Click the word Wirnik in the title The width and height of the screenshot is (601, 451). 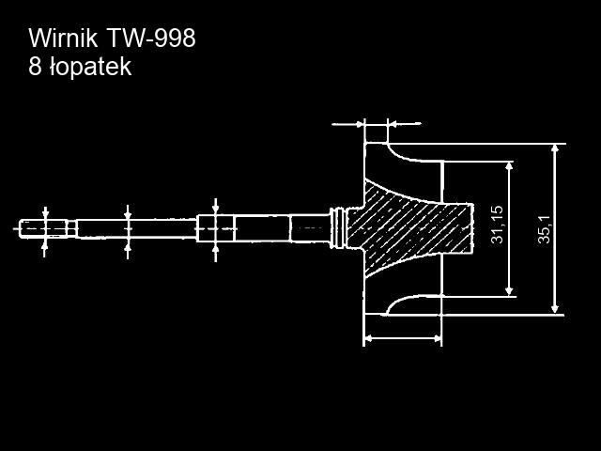pyautogui.click(x=63, y=38)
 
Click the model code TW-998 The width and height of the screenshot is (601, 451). pyautogui.click(x=150, y=38)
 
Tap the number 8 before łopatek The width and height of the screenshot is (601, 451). pyautogui.click(x=35, y=67)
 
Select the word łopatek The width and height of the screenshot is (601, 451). pyautogui.click(x=90, y=68)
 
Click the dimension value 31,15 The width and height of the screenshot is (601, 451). pyautogui.click(x=497, y=225)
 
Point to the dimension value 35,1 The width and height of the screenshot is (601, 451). pyautogui.click(x=545, y=229)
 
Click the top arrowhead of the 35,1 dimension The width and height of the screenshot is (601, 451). pyautogui.click(x=554, y=148)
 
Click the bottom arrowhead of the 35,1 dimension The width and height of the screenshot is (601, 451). pyautogui.click(x=554, y=309)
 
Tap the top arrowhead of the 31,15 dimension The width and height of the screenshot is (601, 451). pyautogui.click(x=509, y=166)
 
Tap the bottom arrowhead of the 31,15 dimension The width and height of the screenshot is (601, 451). pyautogui.click(x=509, y=291)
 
